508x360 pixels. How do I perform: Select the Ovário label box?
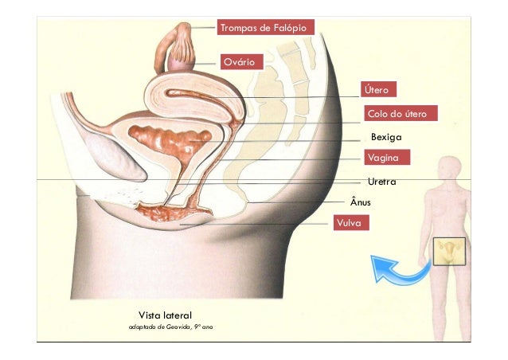coord(238,61)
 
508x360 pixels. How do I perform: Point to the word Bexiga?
coord(386,137)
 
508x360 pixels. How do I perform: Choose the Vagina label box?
coord(388,158)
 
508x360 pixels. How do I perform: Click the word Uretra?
coord(382,182)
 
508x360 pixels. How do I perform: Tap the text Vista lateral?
coord(166,315)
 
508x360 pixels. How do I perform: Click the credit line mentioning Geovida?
coord(171,327)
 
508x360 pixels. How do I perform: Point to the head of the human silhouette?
coord(451,168)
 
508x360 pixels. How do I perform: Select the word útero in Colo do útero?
coord(415,114)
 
